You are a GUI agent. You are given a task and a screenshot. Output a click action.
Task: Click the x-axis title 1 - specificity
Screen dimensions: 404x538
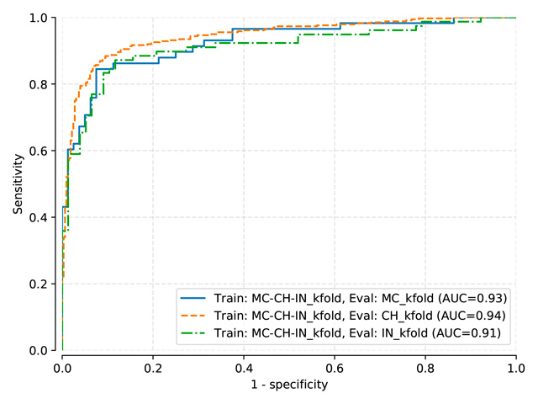click(289, 385)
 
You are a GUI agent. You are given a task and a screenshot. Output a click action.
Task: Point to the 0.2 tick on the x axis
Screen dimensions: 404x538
click(153, 367)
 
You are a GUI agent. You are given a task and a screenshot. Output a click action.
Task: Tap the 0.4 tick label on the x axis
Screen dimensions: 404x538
click(244, 367)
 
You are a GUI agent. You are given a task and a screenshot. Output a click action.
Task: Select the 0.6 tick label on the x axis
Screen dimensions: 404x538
click(335, 367)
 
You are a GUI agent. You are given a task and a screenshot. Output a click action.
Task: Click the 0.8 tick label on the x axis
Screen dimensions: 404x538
click(425, 367)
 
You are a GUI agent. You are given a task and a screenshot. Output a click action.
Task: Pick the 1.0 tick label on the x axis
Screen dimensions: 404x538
click(516, 367)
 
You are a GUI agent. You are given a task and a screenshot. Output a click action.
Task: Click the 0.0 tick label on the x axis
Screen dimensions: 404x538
click(62, 367)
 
